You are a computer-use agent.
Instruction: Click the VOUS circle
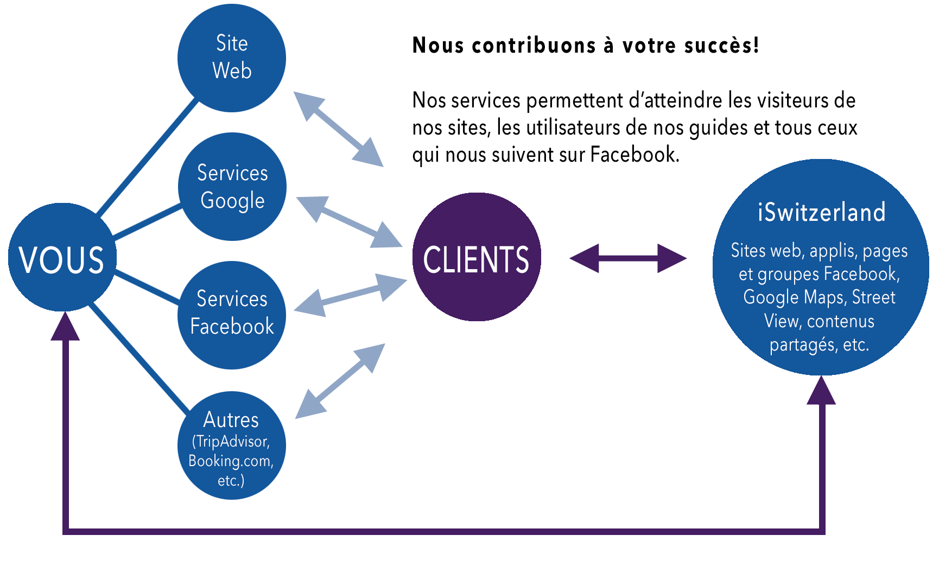(62, 258)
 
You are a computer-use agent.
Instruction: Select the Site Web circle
(232, 58)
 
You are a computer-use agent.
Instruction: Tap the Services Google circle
(232, 187)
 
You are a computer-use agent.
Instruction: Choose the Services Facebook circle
(232, 315)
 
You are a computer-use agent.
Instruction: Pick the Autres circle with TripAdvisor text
(231, 445)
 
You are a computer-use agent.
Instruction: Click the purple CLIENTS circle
(477, 257)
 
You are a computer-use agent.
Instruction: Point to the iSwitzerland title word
(821, 212)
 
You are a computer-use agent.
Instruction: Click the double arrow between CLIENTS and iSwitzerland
(628, 258)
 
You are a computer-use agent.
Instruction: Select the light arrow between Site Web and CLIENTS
(339, 129)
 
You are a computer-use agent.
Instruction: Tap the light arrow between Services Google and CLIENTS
(349, 222)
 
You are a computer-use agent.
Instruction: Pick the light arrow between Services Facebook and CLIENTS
(350, 295)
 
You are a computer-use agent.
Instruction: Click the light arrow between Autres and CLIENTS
(340, 381)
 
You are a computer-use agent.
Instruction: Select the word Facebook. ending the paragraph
(635, 155)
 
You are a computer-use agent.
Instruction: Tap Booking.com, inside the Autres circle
(231, 461)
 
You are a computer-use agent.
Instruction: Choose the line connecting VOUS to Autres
(138, 358)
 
